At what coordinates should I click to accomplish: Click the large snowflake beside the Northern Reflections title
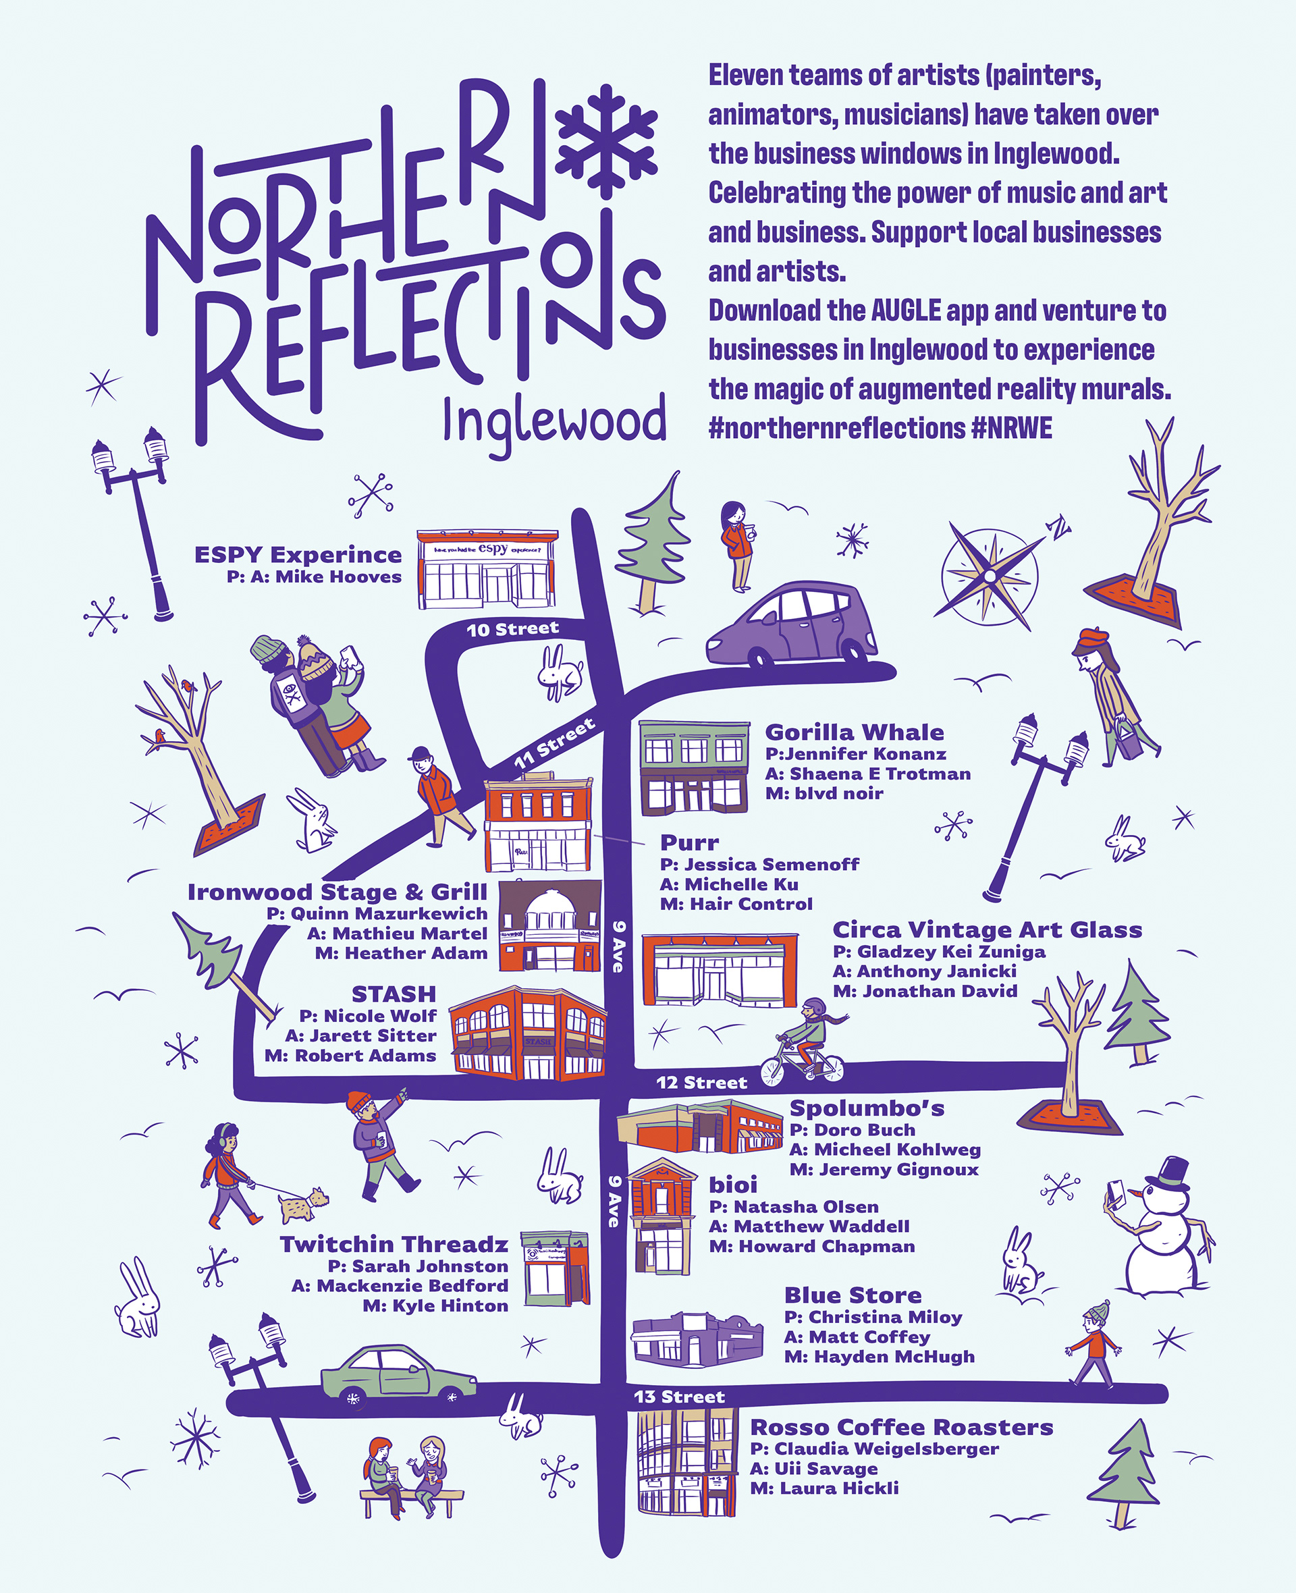(x=605, y=141)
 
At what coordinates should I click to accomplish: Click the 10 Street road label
(x=512, y=629)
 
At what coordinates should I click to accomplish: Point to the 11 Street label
(x=555, y=743)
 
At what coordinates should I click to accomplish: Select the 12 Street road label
(x=701, y=1083)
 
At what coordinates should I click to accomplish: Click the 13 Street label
(x=678, y=1397)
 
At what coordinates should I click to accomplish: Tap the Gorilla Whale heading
(x=854, y=732)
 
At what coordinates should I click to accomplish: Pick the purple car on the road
(x=790, y=625)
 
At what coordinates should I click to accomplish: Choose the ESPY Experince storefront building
(x=487, y=569)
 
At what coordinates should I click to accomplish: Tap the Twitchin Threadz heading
(x=394, y=1245)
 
